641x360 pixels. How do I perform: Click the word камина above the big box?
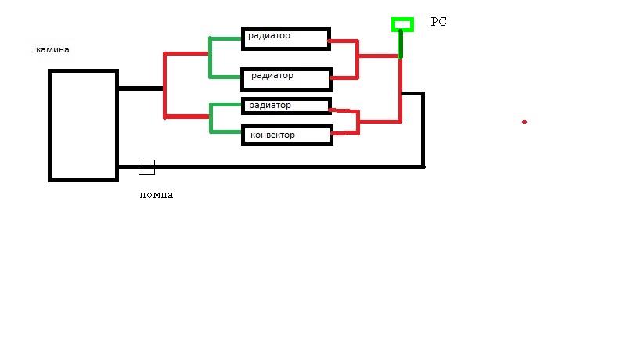tap(52, 49)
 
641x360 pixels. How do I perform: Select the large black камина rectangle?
tap(83, 125)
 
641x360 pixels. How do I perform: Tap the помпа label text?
tap(156, 195)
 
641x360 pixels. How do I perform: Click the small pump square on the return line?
tap(146, 167)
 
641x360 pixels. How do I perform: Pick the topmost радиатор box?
tap(285, 38)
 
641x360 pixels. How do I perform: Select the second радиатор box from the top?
tap(286, 78)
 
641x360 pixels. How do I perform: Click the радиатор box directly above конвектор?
tap(286, 106)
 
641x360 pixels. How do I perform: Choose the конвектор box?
tap(286, 135)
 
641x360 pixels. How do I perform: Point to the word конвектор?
tap(272, 135)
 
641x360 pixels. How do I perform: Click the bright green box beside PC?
tap(402, 24)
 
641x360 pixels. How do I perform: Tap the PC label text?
tap(439, 23)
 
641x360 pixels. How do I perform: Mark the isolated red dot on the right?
tap(524, 121)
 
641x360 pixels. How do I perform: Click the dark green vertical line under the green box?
tap(401, 44)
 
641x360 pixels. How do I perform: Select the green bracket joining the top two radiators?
tap(211, 56)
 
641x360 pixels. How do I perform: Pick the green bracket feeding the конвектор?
tap(211, 117)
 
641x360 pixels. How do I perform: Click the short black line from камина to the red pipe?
tap(140, 88)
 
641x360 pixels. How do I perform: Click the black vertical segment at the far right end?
tap(423, 130)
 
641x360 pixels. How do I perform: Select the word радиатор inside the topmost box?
tap(269, 35)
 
